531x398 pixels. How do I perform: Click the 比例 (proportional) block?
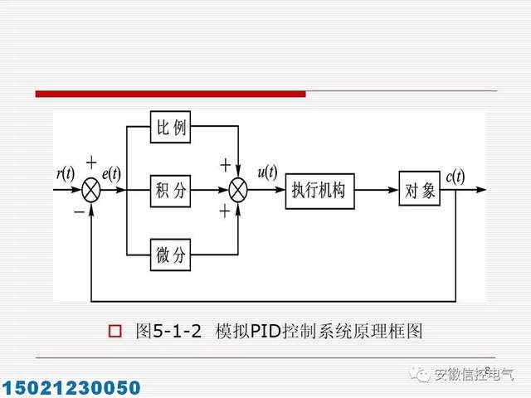click(171, 128)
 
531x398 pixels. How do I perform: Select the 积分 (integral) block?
click(171, 190)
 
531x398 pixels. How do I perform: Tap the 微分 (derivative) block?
click(171, 255)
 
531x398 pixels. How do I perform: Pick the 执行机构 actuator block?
click(318, 190)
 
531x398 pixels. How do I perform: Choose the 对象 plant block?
click(419, 190)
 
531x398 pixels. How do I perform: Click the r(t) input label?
click(65, 174)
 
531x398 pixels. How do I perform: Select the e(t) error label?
click(111, 174)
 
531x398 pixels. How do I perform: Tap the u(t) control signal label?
click(268, 173)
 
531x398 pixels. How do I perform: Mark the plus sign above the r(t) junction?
click(91, 163)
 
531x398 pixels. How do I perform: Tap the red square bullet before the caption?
click(116, 332)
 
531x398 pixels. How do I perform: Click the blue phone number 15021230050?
click(71, 387)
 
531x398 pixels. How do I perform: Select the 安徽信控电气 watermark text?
click(473, 375)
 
